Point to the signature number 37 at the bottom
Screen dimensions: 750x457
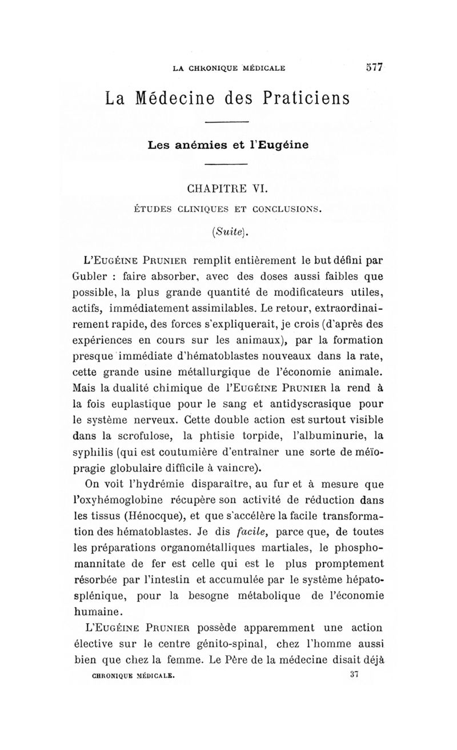pos(352,674)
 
